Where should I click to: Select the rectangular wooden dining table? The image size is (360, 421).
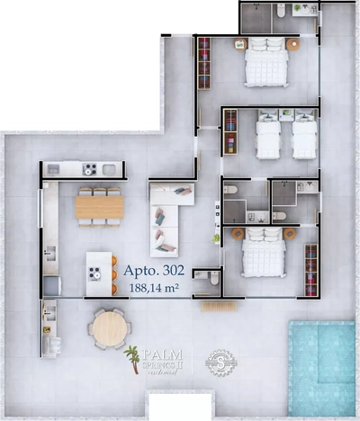pos(100,208)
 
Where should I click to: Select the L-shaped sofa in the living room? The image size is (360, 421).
pos(167,217)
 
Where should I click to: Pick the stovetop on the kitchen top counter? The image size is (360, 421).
pos(90,168)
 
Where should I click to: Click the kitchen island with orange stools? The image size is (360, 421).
pos(100,273)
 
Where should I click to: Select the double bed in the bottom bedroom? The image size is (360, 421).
pos(264,255)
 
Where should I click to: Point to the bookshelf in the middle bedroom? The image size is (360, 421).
pos(230,131)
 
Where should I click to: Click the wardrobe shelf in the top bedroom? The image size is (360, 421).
pos(204,62)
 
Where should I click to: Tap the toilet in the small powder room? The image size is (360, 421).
pos(212,280)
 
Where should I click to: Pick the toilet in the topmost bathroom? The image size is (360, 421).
pos(281,11)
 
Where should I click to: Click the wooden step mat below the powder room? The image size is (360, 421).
pos(218,306)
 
